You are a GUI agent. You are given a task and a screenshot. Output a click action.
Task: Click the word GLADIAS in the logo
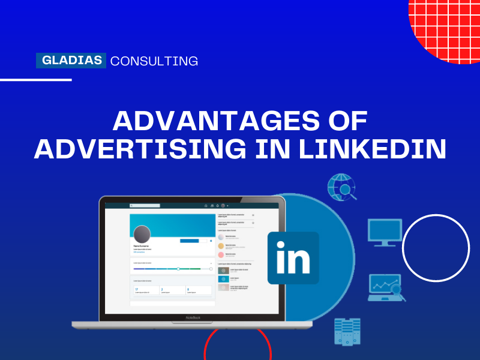[71, 61]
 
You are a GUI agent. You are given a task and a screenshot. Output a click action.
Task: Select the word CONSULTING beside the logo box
[154, 61]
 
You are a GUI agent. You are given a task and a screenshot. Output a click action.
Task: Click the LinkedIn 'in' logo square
[293, 258]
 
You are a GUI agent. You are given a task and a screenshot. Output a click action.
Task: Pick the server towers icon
[347, 331]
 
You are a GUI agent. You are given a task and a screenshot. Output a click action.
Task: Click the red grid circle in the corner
[447, 27]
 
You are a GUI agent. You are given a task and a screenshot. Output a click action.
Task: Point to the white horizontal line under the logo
[36, 79]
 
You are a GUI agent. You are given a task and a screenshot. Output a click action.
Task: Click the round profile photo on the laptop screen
[142, 235]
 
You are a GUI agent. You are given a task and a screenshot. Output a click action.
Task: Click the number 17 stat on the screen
[137, 289]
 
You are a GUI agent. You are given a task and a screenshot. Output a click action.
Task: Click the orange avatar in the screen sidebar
[221, 246]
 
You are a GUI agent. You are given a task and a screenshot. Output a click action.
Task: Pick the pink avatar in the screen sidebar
[221, 255]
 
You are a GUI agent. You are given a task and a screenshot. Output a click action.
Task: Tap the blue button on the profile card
[189, 241]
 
